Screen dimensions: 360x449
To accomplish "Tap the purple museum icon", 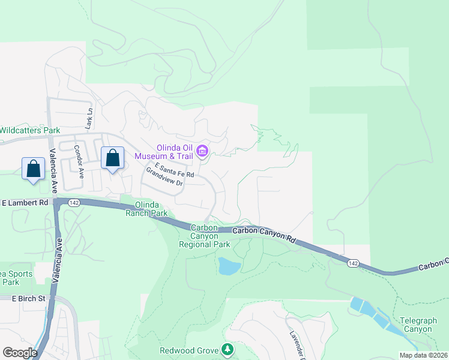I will (203, 151).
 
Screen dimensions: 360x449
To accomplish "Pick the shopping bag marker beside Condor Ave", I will (112, 158).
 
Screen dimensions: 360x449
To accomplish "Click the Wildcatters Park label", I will (30, 130).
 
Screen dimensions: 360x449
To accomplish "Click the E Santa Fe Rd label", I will (174, 170).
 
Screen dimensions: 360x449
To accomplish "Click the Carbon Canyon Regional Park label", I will (205, 236).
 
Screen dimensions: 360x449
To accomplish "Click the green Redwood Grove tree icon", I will (227, 349).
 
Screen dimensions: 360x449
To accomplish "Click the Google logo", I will (20, 353).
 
